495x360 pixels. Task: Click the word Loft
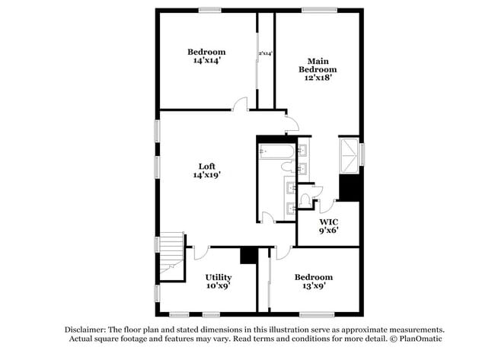207,166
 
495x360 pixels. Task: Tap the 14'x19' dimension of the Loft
207,175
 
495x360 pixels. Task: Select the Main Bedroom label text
322,65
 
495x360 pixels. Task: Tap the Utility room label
218,277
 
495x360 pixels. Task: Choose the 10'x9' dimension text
218,286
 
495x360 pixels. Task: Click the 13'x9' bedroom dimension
313,286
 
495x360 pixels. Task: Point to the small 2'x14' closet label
266,54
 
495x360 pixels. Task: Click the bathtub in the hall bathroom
276,154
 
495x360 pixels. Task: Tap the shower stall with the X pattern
349,156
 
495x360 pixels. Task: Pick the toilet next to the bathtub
307,199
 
